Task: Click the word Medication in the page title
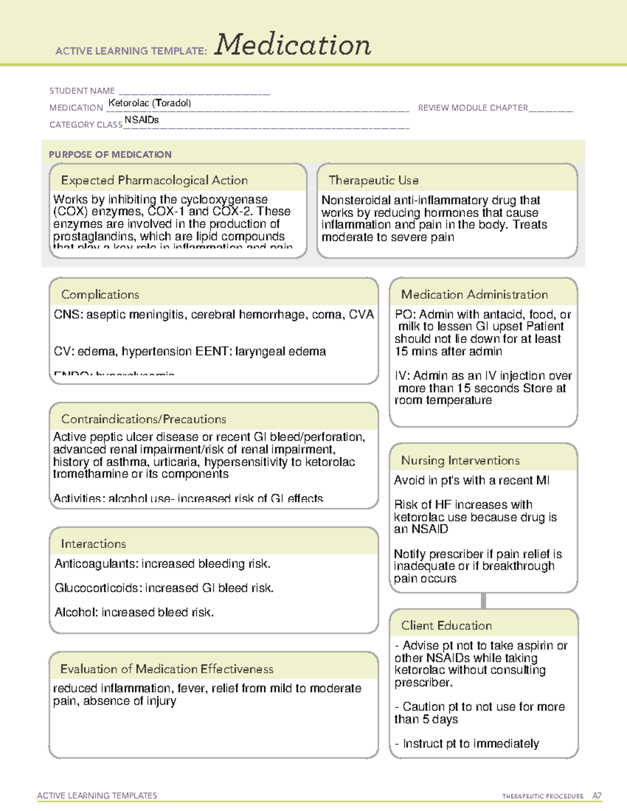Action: click(x=293, y=45)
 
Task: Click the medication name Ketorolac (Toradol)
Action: click(x=149, y=103)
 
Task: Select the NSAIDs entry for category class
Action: click(x=142, y=120)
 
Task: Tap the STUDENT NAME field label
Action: click(x=82, y=91)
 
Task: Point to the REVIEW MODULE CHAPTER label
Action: click(x=473, y=108)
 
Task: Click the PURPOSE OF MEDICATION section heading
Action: click(x=110, y=155)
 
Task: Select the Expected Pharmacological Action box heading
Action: click(x=154, y=180)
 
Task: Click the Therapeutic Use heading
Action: click(x=374, y=180)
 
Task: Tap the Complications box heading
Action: click(x=100, y=295)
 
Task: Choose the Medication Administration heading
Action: click(x=474, y=295)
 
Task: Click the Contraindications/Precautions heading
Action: click(x=144, y=419)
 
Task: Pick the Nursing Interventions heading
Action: click(x=460, y=460)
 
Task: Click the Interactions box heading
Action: click(x=94, y=544)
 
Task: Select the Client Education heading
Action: click(x=446, y=625)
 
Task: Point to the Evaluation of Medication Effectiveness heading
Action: click(x=167, y=669)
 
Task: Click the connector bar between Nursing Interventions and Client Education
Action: click(x=483, y=601)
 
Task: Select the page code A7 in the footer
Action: click(x=597, y=796)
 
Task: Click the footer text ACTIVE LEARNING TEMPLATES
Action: click(x=97, y=795)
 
